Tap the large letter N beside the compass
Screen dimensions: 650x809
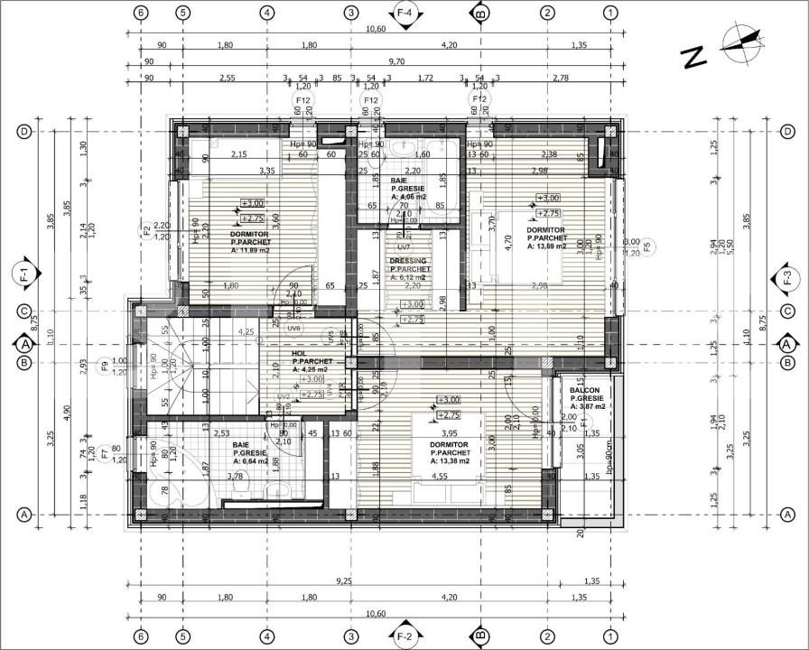tap(693, 57)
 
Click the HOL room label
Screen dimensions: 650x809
tap(301, 354)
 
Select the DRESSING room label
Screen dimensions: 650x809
tap(409, 261)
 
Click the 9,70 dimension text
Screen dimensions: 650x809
tap(397, 62)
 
